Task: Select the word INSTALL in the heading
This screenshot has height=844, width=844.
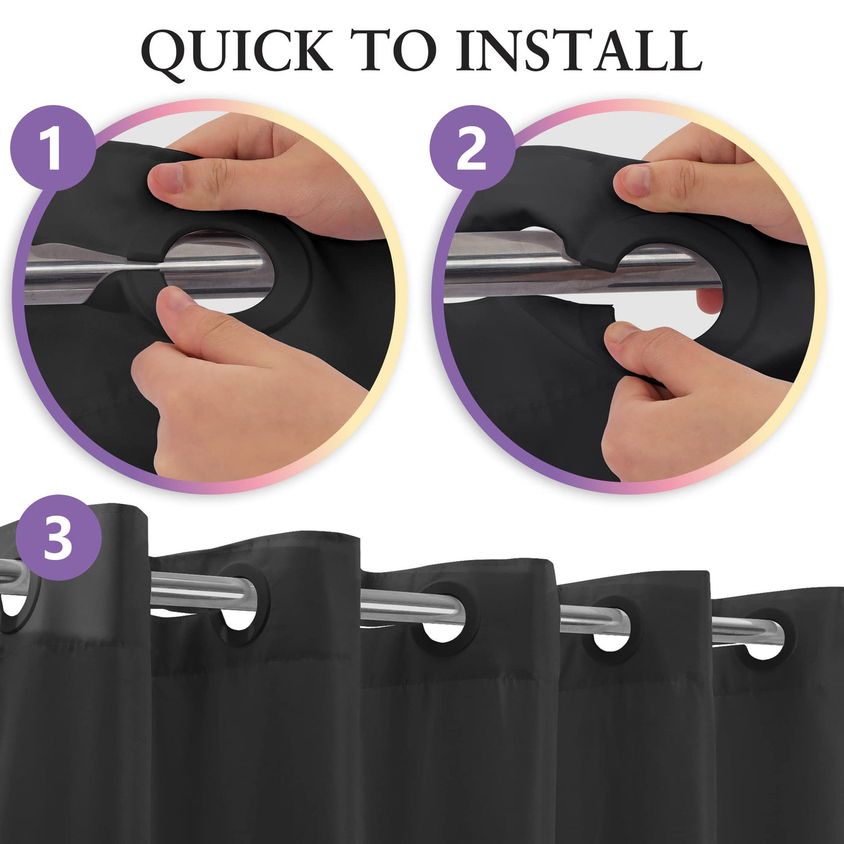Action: pyautogui.click(x=579, y=52)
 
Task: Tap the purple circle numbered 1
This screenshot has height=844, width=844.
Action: pyautogui.click(x=53, y=147)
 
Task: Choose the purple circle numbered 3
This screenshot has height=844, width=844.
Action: pyautogui.click(x=58, y=537)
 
